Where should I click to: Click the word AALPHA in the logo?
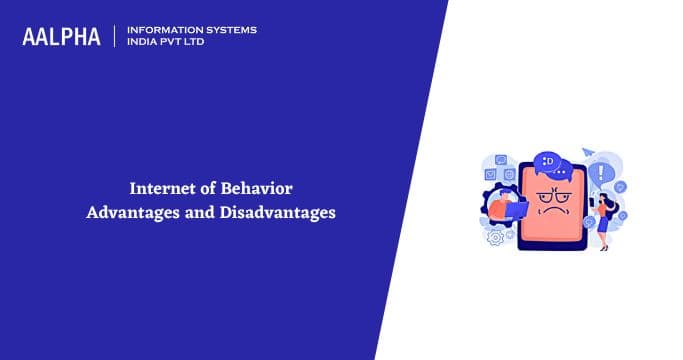[x=61, y=37]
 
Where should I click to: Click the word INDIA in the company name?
[x=144, y=43]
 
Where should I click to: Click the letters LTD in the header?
[x=203, y=43]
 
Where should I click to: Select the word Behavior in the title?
[x=256, y=187]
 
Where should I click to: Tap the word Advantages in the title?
[x=127, y=212]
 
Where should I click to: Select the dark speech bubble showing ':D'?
[x=548, y=160]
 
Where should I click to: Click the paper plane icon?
[x=587, y=152]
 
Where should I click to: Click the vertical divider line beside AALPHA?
[x=116, y=36]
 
